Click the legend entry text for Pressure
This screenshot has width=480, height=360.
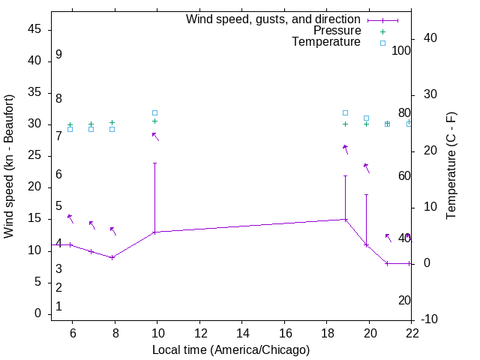coord(337,31)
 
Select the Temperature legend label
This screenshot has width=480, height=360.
coord(326,42)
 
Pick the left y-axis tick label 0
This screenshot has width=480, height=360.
coord(37,313)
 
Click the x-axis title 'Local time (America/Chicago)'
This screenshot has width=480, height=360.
coord(231,349)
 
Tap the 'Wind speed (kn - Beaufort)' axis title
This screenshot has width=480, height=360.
coord(10,166)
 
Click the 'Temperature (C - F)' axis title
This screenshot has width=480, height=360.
coord(451,166)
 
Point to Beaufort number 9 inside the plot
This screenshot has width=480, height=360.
coord(58,55)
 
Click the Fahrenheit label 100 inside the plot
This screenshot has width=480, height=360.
coord(402,51)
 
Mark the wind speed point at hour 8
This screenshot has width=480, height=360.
coord(112,257)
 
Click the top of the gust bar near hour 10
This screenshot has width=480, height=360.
coord(154,163)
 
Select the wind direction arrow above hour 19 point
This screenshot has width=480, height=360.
coord(345,148)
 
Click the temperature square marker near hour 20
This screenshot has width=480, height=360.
coord(366,118)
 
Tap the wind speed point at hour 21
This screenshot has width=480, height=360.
coord(387,263)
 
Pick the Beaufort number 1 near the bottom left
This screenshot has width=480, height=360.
coord(58,307)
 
